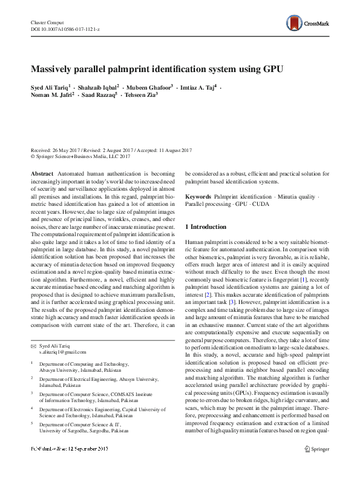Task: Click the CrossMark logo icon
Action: (x=295, y=24)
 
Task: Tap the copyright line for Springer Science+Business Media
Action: (x=80, y=156)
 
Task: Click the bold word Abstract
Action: (x=42, y=173)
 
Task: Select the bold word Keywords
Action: (x=198, y=197)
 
